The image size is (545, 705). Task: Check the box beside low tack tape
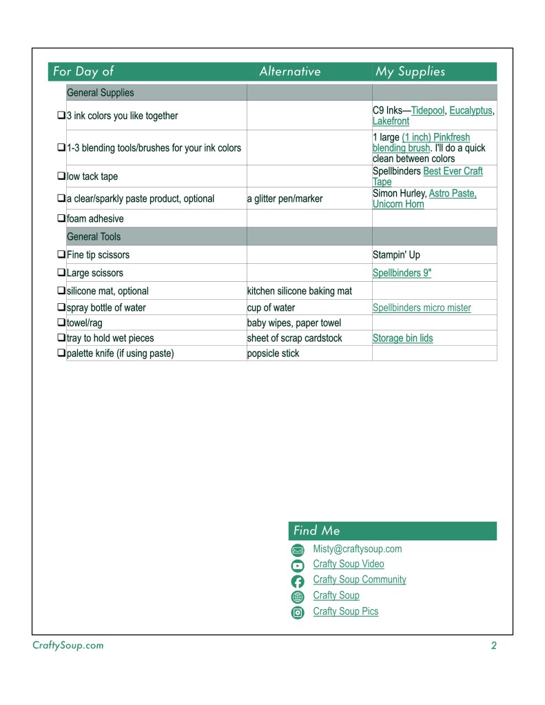pos(61,176)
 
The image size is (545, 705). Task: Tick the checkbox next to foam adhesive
pos(61,219)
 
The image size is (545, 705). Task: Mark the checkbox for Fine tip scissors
pos(61,255)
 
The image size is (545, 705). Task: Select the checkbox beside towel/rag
pos(61,323)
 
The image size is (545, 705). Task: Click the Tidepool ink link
pos(428,110)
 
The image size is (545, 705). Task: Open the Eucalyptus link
pos(471,110)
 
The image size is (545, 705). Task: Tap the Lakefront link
pos(391,121)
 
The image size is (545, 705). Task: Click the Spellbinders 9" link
pos(402,273)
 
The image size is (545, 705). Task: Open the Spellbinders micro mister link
pos(422,308)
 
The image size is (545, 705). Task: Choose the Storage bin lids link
pos(402,338)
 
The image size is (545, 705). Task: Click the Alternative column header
pos(289,72)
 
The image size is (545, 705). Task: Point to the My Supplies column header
pos(410,72)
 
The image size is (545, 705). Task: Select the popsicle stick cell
pos(274,354)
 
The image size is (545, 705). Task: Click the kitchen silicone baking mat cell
pos(299,291)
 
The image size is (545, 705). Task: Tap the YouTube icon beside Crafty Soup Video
pos(298,566)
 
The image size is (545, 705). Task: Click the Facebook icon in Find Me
pos(298,582)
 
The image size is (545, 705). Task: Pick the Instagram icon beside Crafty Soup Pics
pos(298,613)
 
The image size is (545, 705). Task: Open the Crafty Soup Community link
pos(359,580)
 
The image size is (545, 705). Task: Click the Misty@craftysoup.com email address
pos(357,549)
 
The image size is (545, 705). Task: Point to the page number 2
pos(493,646)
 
